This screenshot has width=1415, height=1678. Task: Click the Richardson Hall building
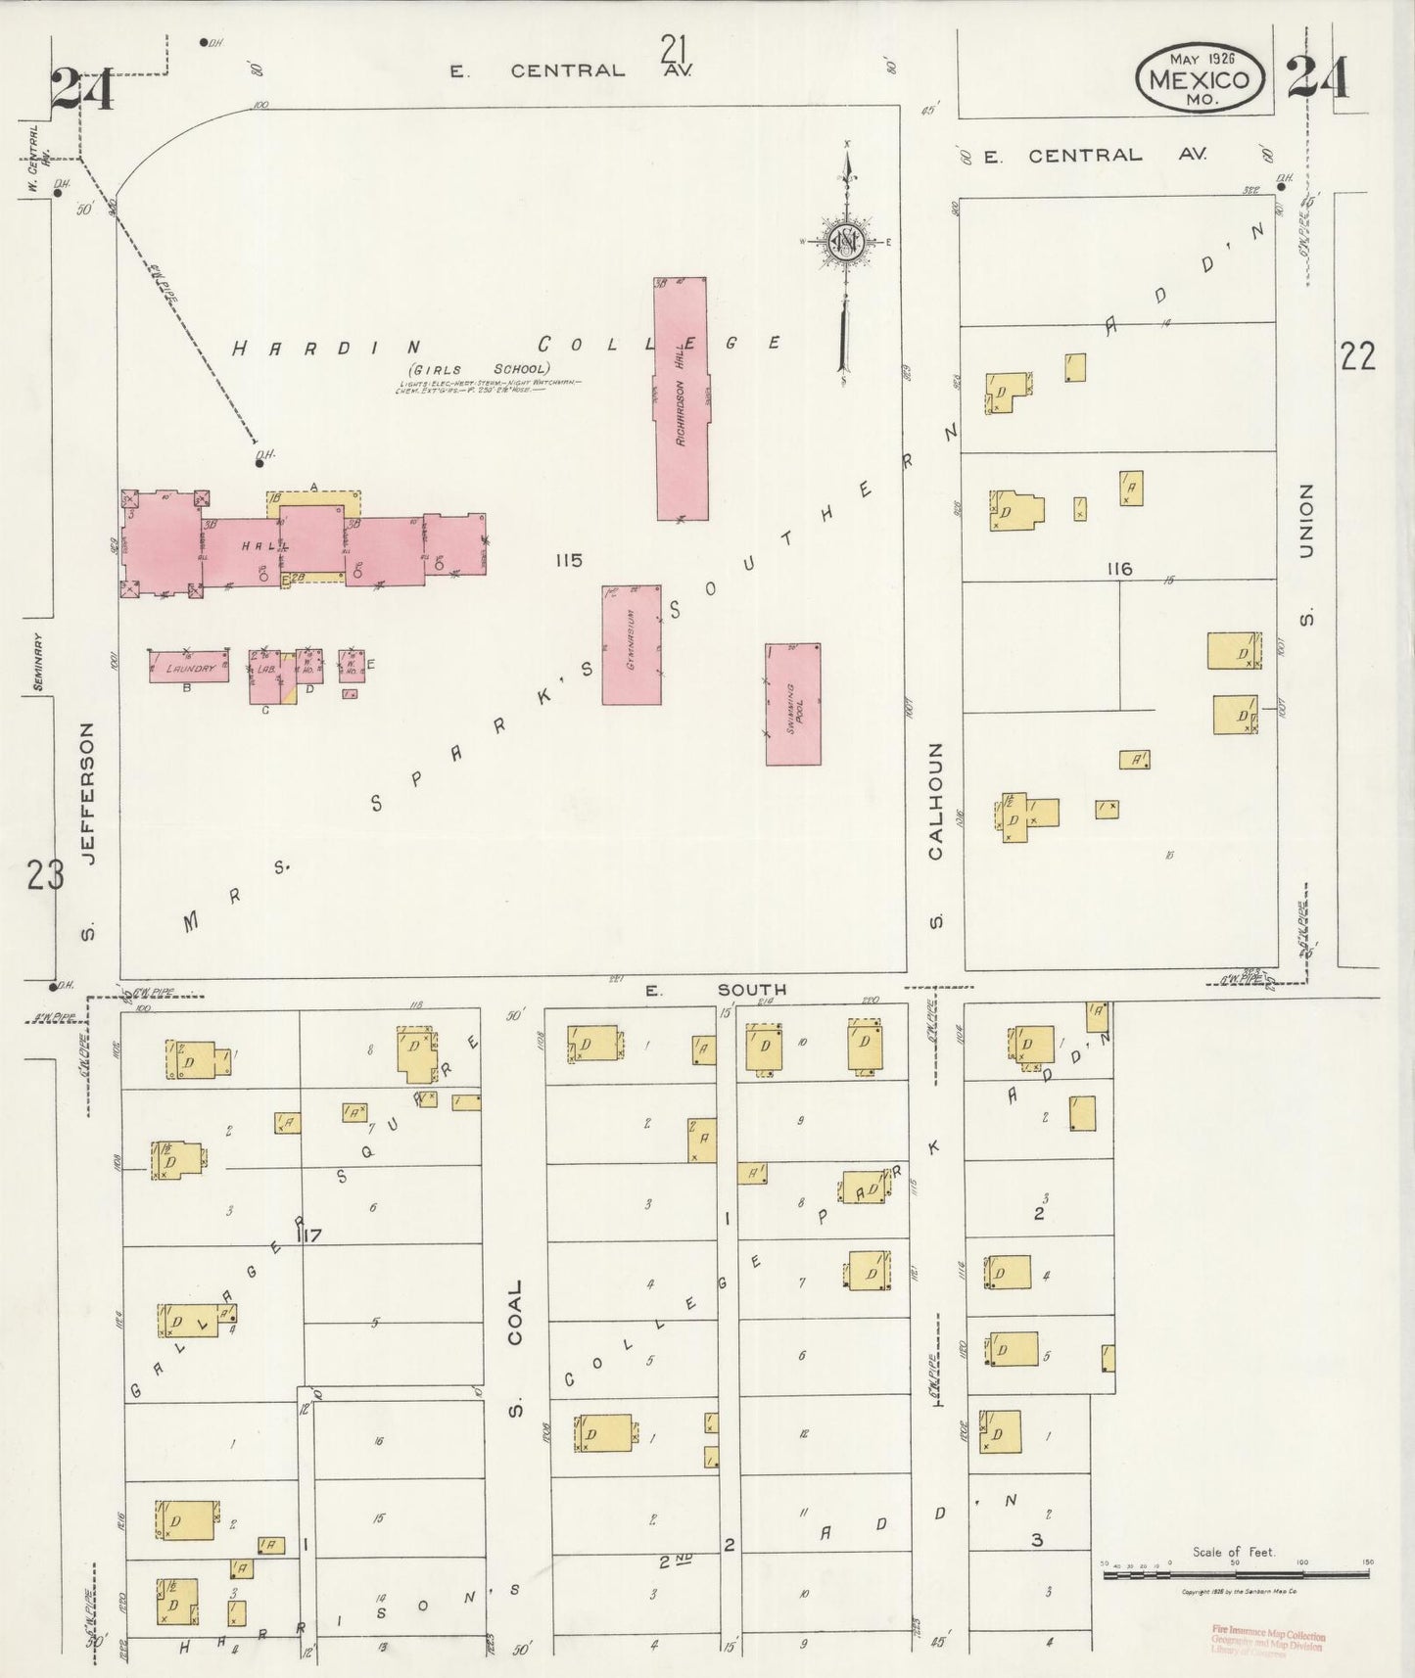[682, 398]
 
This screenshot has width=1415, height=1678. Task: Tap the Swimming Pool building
[793, 704]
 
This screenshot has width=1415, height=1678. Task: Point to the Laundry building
[189, 667]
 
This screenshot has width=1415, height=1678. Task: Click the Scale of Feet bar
[1235, 1574]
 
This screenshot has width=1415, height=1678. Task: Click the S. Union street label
[1305, 553]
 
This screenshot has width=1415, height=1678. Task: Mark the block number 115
[568, 560]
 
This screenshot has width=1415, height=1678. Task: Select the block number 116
[1119, 568]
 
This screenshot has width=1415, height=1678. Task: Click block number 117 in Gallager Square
[310, 1235]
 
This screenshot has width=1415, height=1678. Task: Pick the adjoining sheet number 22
[1357, 356]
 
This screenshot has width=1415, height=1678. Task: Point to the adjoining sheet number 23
[45, 874]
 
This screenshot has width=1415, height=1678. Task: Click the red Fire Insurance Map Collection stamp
[1268, 1642]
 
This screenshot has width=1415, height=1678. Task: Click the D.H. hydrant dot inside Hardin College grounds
[259, 463]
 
